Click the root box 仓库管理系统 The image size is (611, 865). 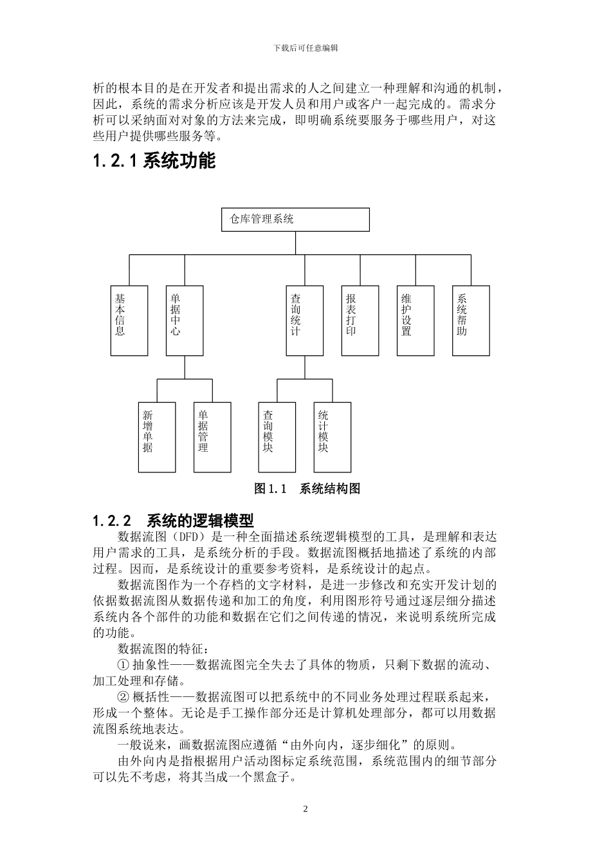(x=295, y=219)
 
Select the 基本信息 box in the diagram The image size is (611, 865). (x=129, y=321)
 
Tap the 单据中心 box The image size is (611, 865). (x=185, y=321)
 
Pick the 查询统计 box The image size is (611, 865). (x=304, y=321)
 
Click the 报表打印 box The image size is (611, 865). (x=360, y=321)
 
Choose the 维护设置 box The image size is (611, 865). (x=415, y=321)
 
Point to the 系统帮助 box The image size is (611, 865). (x=471, y=321)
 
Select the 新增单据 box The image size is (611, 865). (x=157, y=437)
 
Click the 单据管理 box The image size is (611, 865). (x=212, y=437)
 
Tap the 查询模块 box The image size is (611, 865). (x=277, y=437)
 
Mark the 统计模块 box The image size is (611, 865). (x=333, y=437)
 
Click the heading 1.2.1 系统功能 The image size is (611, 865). (x=154, y=161)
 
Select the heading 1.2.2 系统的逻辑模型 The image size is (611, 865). (x=173, y=520)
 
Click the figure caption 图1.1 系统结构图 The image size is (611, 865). (x=307, y=488)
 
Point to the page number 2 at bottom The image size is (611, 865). (x=305, y=808)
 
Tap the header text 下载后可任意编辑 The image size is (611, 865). (x=305, y=48)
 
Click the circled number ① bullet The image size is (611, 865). (x=123, y=665)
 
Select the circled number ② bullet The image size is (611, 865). (x=123, y=697)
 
